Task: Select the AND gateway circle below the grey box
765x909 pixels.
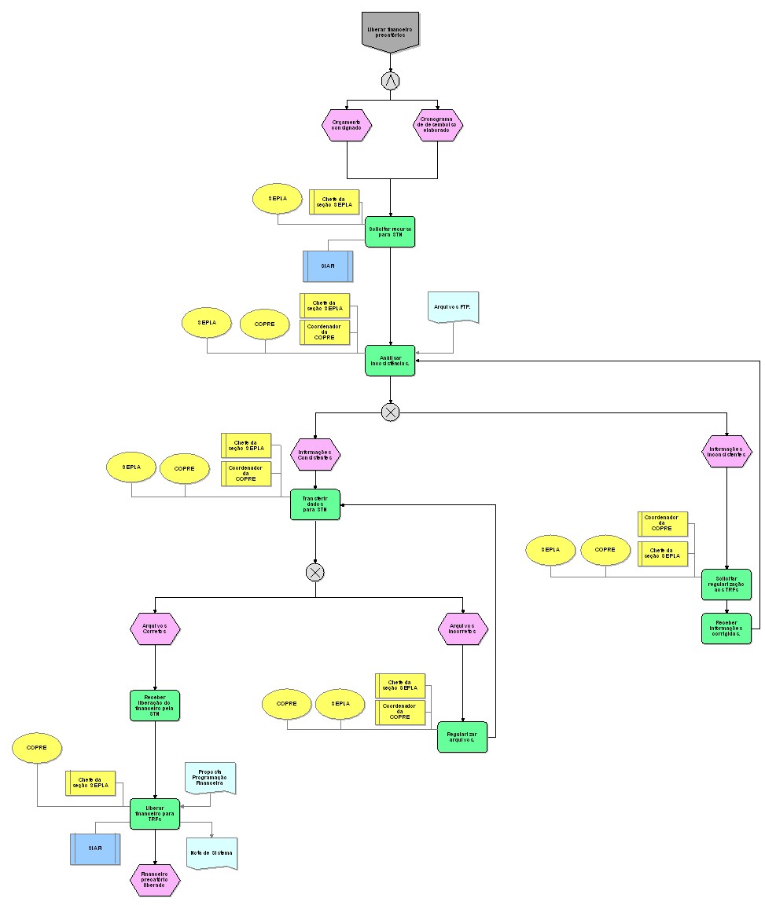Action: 390,80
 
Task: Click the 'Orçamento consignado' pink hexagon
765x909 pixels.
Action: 347,125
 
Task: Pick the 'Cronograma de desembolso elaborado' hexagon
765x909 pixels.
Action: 438,125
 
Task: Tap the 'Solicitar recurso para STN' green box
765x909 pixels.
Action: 390,232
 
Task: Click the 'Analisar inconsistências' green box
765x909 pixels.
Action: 390,360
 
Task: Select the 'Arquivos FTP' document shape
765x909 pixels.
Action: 454,307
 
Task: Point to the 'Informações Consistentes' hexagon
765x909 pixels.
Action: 315,454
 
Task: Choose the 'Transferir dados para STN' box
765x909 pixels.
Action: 315,504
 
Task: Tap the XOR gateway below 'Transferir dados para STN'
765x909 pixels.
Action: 315,572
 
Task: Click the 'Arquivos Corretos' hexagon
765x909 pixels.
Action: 155,629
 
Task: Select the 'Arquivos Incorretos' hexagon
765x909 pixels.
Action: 463,629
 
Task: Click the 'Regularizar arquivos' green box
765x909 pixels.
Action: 462,737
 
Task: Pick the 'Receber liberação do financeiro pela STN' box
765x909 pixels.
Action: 155,706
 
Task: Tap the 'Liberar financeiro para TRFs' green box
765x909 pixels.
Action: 155,814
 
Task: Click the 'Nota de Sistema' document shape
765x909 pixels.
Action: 211,853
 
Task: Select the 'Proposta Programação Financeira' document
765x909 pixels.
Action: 210,778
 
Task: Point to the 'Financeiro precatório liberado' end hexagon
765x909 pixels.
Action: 155,879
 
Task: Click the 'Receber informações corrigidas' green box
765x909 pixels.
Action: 726,629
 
